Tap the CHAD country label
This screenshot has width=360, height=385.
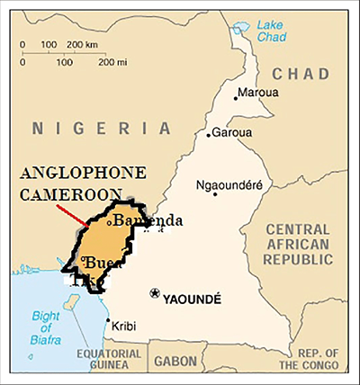click(301, 73)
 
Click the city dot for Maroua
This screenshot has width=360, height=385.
click(237, 96)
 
